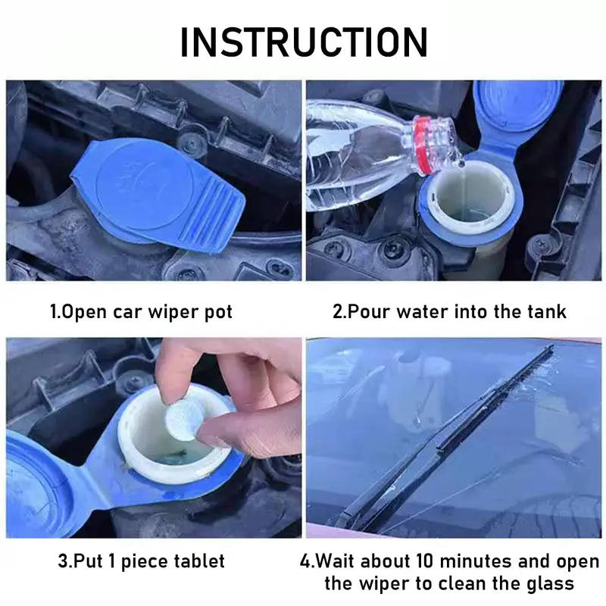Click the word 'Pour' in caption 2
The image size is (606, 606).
coord(367,311)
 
